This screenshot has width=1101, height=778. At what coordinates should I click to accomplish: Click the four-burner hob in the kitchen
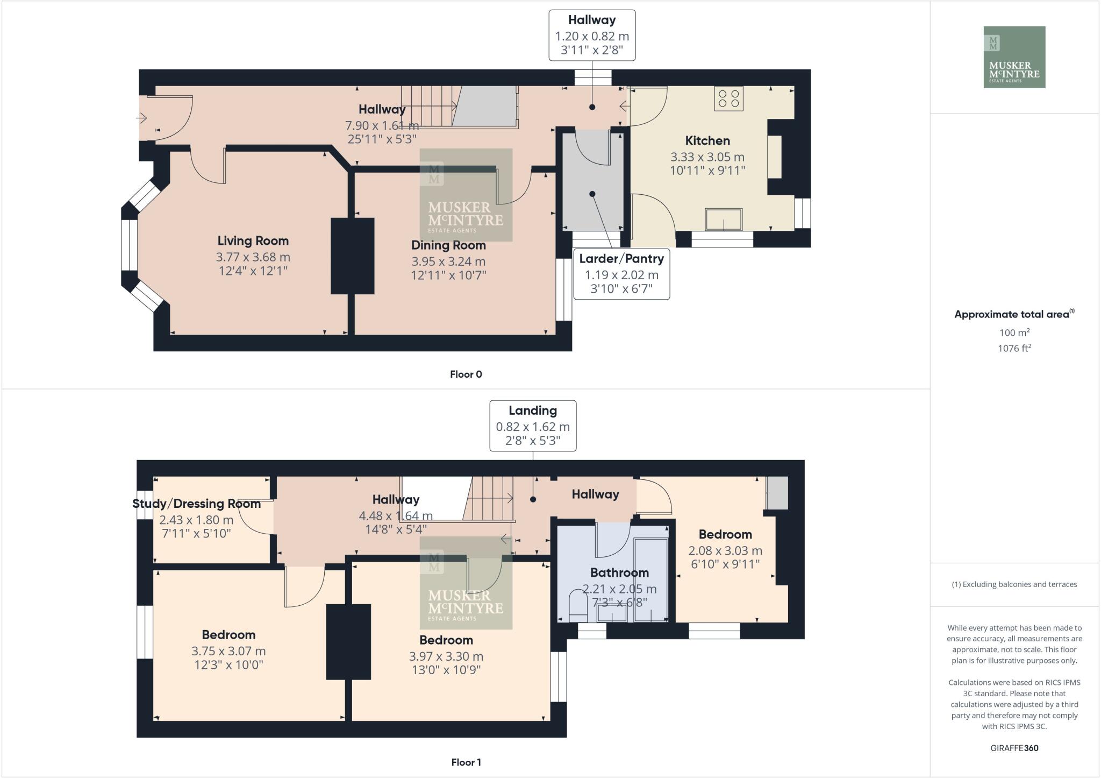728,98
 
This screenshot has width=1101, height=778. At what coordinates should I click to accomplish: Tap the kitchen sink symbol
723,220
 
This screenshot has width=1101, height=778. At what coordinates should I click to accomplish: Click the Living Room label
253,241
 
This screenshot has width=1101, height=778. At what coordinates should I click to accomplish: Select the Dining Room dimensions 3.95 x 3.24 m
448,261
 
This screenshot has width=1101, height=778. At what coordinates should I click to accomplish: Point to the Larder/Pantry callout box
621,273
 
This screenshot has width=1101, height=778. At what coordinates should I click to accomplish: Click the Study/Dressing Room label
196,504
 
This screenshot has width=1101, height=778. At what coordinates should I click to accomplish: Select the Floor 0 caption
466,374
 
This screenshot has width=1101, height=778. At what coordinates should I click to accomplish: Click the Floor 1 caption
466,762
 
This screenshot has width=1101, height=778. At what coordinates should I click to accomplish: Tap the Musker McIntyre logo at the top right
1014,57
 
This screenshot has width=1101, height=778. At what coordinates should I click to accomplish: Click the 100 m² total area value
1014,333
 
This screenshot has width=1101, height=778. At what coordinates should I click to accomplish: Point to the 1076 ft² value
1014,348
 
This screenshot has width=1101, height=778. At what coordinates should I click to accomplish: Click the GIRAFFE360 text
1014,748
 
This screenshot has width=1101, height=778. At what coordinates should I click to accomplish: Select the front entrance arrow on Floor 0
142,117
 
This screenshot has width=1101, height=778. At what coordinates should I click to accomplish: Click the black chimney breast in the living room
352,256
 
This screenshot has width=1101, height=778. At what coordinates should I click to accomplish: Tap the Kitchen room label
707,141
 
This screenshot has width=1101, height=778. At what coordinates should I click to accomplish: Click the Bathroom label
619,572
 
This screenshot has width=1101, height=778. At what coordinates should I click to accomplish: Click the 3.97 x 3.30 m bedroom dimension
446,656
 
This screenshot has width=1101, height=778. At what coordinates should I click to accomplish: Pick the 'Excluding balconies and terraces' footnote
1014,584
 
